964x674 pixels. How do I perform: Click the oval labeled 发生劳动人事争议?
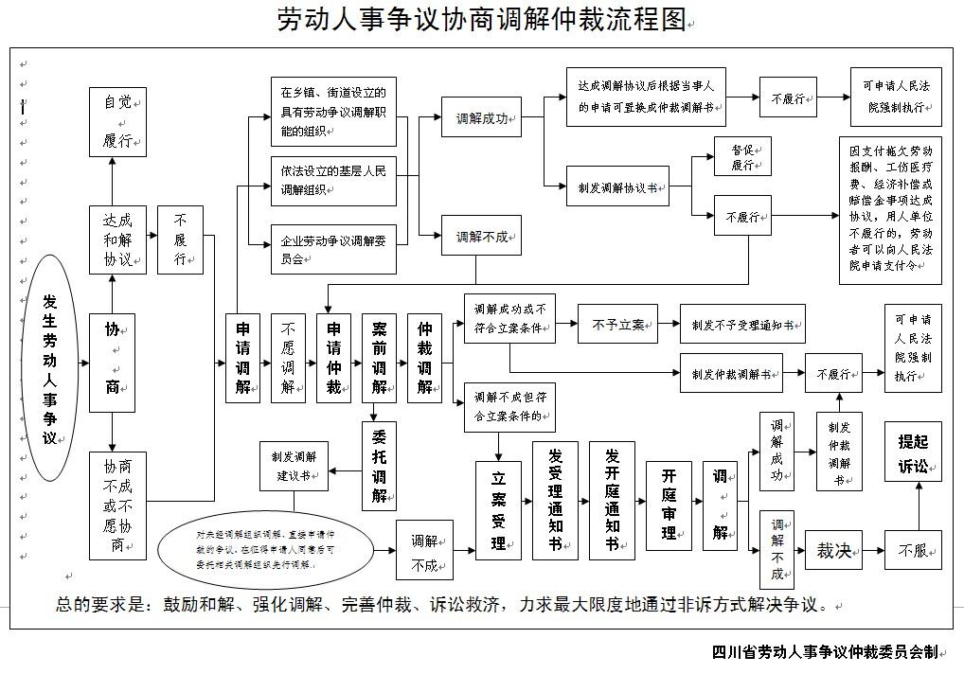[49, 367]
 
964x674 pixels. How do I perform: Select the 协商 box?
[112, 363]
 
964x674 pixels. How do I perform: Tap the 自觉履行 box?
[117, 121]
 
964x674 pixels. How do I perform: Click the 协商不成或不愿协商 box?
[117, 505]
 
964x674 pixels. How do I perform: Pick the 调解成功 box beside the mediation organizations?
[481, 119]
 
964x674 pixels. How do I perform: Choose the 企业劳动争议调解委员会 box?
[332, 248]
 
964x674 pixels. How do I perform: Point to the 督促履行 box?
[742, 156]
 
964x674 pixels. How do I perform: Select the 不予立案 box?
[617, 325]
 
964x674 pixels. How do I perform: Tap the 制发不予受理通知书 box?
[742, 324]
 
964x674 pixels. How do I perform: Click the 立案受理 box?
[498, 510]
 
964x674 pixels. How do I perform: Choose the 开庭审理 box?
[669, 505]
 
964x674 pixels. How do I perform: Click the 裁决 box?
[833, 550]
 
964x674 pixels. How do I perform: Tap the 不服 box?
[913, 550]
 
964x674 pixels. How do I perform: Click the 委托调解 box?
[379, 466]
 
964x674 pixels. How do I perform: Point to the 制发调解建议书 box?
[294, 465]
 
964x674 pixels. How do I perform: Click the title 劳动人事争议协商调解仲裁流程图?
[481, 20]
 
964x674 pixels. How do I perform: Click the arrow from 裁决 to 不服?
[872, 550]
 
